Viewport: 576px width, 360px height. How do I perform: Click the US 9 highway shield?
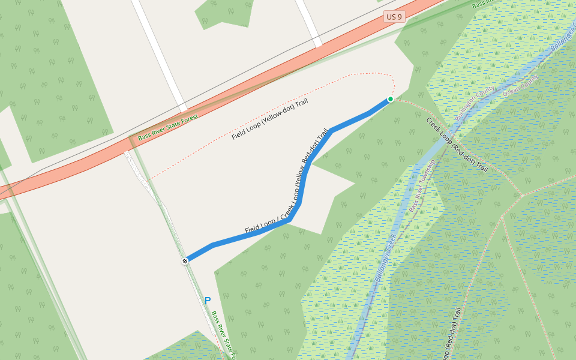click(x=394, y=17)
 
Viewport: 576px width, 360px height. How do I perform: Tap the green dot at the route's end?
click(x=391, y=99)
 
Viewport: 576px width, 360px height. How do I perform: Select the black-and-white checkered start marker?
click(x=185, y=260)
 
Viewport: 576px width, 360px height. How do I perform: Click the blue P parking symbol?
click(x=208, y=301)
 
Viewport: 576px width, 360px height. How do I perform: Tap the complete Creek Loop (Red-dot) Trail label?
click(x=457, y=145)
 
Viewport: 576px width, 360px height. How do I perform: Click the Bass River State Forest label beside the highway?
click(x=168, y=128)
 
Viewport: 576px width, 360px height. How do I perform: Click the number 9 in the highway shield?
click(x=399, y=17)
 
